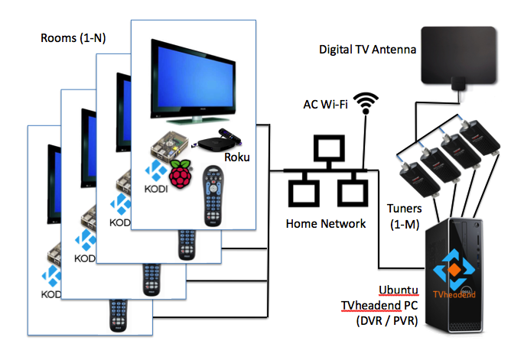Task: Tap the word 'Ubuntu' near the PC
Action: pyautogui.click(x=397, y=290)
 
